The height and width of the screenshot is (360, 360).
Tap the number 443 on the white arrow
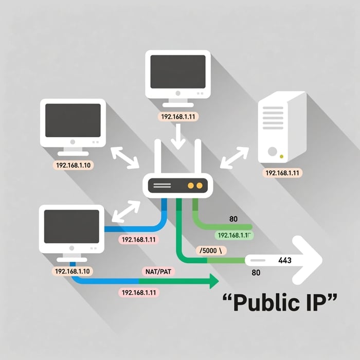pyautogui.click(x=285, y=261)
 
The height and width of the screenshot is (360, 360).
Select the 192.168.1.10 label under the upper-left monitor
pyautogui.click(x=72, y=166)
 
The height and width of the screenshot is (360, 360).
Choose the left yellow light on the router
pyautogui.click(x=191, y=184)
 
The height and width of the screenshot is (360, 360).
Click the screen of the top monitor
pyautogui.click(x=178, y=71)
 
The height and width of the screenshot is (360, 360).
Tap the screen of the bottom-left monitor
pyautogui.click(x=71, y=226)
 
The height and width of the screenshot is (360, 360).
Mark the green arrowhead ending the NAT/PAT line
pyautogui.click(x=212, y=281)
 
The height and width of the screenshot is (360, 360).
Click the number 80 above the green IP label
pyautogui.click(x=233, y=220)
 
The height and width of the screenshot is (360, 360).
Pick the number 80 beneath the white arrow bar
pyautogui.click(x=256, y=273)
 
